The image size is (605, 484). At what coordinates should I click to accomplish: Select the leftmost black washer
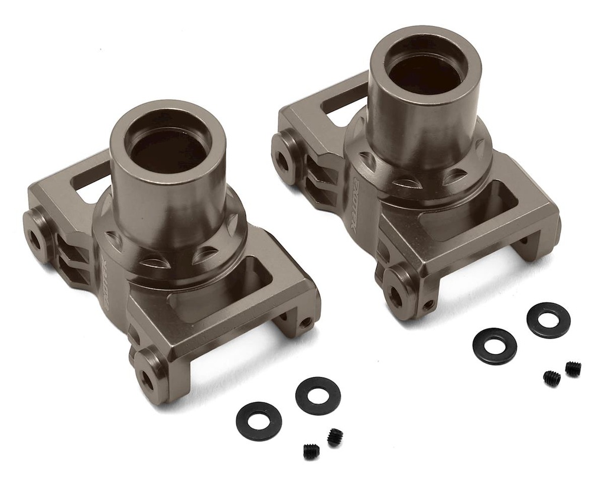point(258,421)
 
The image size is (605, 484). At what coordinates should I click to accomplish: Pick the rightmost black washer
point(548,320)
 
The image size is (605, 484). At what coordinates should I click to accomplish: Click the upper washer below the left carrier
point(318,395)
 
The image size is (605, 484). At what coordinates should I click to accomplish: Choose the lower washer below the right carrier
point(495,346)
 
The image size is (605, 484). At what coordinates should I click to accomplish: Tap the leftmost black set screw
point(311,451)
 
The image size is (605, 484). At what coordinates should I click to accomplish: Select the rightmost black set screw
point(573,368)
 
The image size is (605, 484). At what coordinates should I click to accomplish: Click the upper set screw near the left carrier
point(335,437)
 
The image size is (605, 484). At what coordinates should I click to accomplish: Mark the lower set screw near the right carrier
point(552,378)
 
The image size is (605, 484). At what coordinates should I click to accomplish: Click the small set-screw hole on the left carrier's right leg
point(305,323)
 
